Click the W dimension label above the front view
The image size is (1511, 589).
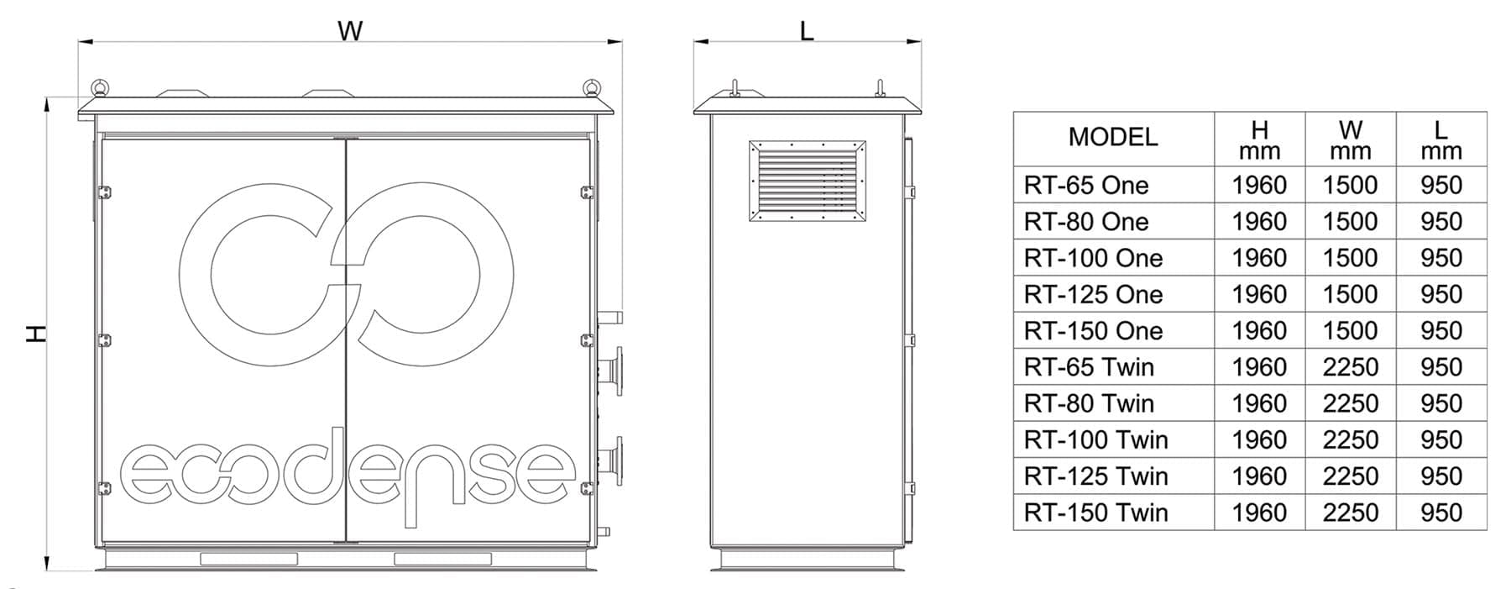[x=350, y=31]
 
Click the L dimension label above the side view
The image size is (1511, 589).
[x=807, y=31]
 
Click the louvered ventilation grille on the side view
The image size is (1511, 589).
[x=807, y=181]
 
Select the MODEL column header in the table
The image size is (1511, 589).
[x=1112, y=137]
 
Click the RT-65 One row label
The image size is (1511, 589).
[x=1085, y=185]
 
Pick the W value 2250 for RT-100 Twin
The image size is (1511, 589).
[x=1350, y=439]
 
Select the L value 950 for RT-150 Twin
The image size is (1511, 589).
[x=1440, y=512]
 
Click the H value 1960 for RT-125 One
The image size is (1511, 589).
[x=1258, y=294]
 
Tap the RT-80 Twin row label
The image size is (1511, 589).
[x=1089, y=403]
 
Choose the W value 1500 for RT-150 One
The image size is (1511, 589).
[x=1350, y=330]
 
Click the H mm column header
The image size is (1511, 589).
[x=1259, y=139]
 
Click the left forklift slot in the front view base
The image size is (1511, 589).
[x=248, y=559]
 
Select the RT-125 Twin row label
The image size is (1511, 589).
[x=1095, y=476]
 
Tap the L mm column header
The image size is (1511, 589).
[x=1440, y=139]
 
